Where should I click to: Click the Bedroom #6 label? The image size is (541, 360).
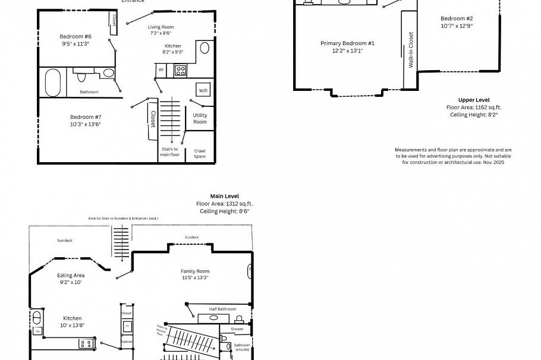point(76,36)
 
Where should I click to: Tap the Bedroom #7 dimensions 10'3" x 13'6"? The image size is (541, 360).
point(86,124)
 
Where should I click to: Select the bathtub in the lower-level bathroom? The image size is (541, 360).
point(53,82)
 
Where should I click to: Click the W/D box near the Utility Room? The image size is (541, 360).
point(203,90)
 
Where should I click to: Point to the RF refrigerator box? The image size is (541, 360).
point(161,70)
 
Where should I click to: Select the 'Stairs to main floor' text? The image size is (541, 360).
point(170,151)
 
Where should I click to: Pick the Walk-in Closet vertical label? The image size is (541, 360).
point(411,50)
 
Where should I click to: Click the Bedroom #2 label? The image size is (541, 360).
point(457,18)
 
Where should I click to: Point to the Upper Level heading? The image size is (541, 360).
point(474,100)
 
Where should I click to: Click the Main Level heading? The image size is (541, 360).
point(225,196)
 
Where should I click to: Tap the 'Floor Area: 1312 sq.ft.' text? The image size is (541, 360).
point(225,204)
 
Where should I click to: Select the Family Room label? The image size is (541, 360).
point(195,271)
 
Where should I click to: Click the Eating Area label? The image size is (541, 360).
point(70,275)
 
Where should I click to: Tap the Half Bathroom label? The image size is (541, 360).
point(222,309)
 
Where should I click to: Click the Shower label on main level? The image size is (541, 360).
point(237,329)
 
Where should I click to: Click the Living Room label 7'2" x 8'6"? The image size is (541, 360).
point(161,27)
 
